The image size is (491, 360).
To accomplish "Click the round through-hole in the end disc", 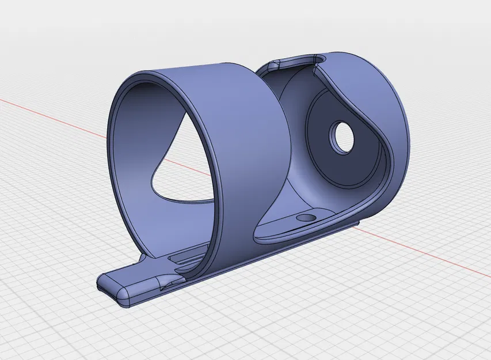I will [x=342, y=138].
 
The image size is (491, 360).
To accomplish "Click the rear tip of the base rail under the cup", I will [x=351, y=225].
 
